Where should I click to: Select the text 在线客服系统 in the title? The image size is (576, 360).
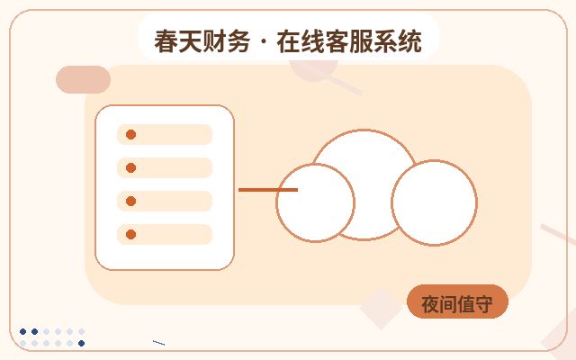pyautogui.click(x=349, y=41)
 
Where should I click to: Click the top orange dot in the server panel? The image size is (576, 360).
pyautogui.click(x=130, y=134)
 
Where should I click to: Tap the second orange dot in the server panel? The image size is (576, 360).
pyautogui.click(x=130, y=168)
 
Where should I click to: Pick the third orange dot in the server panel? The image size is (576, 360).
pyautogui.click(x=130, y=201)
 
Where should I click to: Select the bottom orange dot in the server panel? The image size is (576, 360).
pyautogui.click(x=130, y=234)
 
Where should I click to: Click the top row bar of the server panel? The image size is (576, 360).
pyautogui.click(x=165, y=134)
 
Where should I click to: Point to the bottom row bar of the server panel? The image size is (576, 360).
pyautogui.click(x=165, y=234)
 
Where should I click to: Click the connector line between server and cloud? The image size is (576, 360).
pyautogui.click(x=268, y=190)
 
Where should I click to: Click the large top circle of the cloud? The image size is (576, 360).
pyautogui.click(x=364, y=130)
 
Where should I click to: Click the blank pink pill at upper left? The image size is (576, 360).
pyautogui.click(x=83, y=79)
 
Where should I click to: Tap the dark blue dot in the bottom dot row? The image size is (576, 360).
pyautogui.click(x=82, y=343)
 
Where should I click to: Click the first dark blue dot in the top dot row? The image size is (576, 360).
pyautogui.click(x=22, y=331)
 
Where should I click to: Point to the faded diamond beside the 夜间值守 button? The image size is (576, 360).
pyautogui.click(x=381, y=308)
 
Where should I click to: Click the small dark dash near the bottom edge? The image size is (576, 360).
pyautogui.click(x=158, y=343)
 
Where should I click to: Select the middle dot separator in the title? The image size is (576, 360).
pyautogui.click(x=264, y=42)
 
